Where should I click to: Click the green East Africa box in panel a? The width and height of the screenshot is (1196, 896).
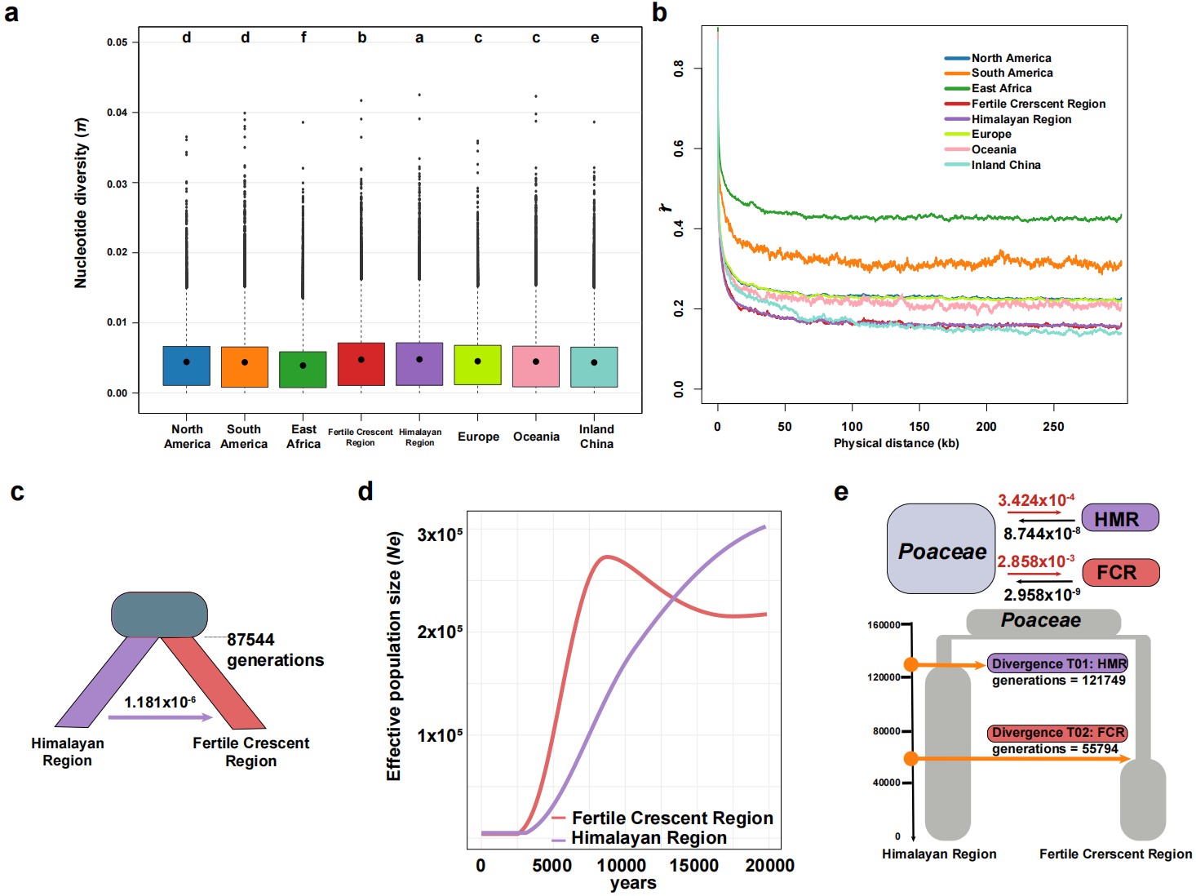click(303, 370)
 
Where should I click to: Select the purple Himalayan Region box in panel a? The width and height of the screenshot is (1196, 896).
click(419, 364)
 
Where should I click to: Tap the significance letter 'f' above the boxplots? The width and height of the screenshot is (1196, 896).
click(303, 37)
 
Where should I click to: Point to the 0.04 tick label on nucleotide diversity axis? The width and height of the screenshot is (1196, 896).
click(117, 113)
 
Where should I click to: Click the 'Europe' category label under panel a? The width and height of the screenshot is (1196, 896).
click(478, 437)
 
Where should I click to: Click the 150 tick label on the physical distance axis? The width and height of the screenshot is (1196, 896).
click(919, 426)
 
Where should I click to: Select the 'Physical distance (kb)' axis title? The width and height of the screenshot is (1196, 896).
click(897, 443)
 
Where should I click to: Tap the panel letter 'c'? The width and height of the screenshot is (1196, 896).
click(17, 491)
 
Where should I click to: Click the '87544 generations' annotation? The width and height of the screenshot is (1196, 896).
click(275, 650)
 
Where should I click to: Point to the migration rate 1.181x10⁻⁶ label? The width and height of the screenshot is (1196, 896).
click(160, 702)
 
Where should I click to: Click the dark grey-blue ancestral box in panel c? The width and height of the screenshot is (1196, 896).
click(159, 614)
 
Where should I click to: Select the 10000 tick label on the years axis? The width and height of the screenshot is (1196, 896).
click(621, 866)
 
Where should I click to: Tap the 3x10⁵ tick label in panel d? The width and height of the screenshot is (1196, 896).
click(440, 534)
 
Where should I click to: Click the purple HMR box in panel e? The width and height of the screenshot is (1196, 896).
click(1119, 517)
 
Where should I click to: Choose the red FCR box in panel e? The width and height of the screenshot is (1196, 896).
click(1120, 572)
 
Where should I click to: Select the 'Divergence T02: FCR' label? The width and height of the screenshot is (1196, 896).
click(1058, 732)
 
